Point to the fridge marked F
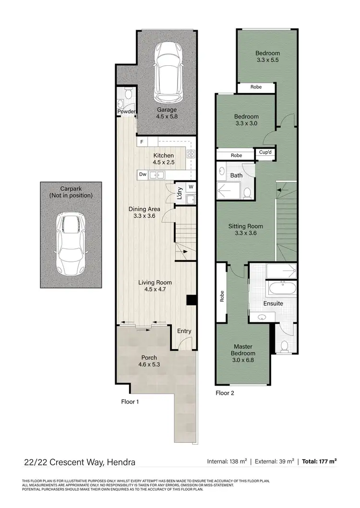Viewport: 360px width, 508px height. (143, 142)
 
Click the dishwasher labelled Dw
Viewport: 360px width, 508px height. (143, 175)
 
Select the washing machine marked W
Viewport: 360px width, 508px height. (191, 187)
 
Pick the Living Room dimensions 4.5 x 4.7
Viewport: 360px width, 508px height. (155, 289)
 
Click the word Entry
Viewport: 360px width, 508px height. (184, 331)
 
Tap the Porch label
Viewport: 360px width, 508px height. (148, 357)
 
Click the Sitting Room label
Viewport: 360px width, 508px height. (245, 226)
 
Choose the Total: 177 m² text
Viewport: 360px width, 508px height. (319, 461)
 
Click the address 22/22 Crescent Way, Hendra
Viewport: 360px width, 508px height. (80, 462)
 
